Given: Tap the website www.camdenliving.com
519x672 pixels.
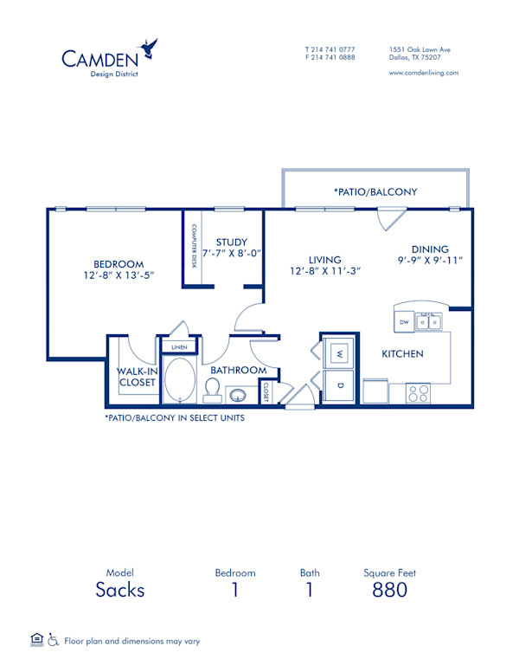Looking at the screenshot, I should (x=424, y=73).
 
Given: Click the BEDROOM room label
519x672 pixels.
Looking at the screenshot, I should (x=119, y=264).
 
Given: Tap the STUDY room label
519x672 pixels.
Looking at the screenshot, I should (x=232, y=242).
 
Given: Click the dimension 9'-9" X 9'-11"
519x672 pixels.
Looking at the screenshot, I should (x=430, y=259).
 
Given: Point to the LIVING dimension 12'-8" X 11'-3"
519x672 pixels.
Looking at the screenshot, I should (x=324, y=270).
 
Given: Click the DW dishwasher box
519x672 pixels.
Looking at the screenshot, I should (x=403, y=323).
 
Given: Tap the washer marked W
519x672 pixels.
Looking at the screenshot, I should (x=339, y=353).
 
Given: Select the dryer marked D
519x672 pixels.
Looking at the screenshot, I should (x=340, y=385).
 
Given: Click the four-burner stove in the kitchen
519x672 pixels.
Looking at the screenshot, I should (x=419, y=393).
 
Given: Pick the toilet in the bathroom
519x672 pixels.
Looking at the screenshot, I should (x=212, y=391).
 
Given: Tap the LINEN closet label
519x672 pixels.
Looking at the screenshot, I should (x=179, y=347).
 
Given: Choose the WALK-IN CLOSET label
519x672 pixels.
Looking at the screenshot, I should (x=136, y=377).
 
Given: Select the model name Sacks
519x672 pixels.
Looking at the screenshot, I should (x=120, y=591).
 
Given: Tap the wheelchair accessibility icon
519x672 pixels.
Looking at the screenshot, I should (x=53, y=641).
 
